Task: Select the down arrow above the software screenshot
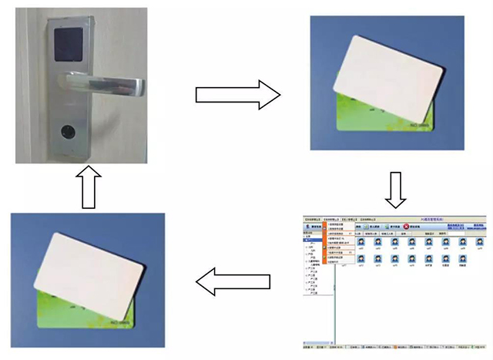click(395, 190)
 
